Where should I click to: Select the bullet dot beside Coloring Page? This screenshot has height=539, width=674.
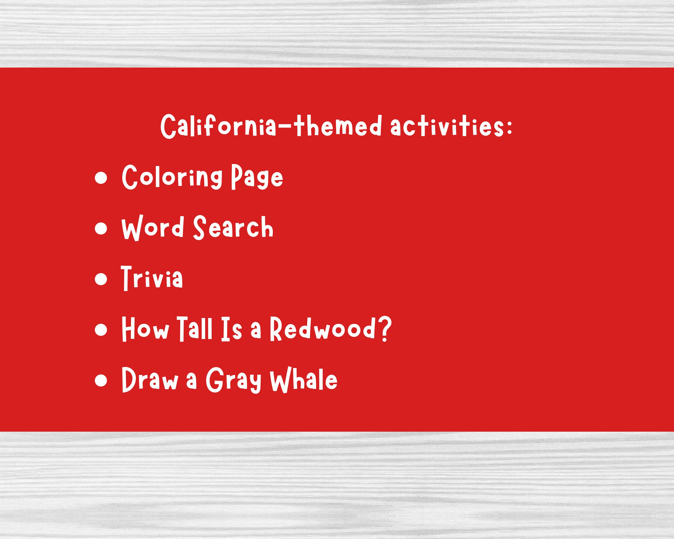[101, 178]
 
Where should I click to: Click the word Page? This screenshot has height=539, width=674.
[257, 178]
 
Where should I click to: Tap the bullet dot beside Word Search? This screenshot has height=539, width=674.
[101, 228]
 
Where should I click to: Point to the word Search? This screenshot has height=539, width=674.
[233, 228]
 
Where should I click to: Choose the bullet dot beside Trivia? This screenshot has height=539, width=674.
[101, 279]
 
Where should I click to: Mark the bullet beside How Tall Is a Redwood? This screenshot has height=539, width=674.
[101, 329]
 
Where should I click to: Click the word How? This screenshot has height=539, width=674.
[145, 329]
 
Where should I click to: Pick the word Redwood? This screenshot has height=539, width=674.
[322, 329]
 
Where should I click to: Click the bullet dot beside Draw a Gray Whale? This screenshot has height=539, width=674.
[101, 381]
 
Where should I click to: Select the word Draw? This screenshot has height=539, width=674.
[150, 380]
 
